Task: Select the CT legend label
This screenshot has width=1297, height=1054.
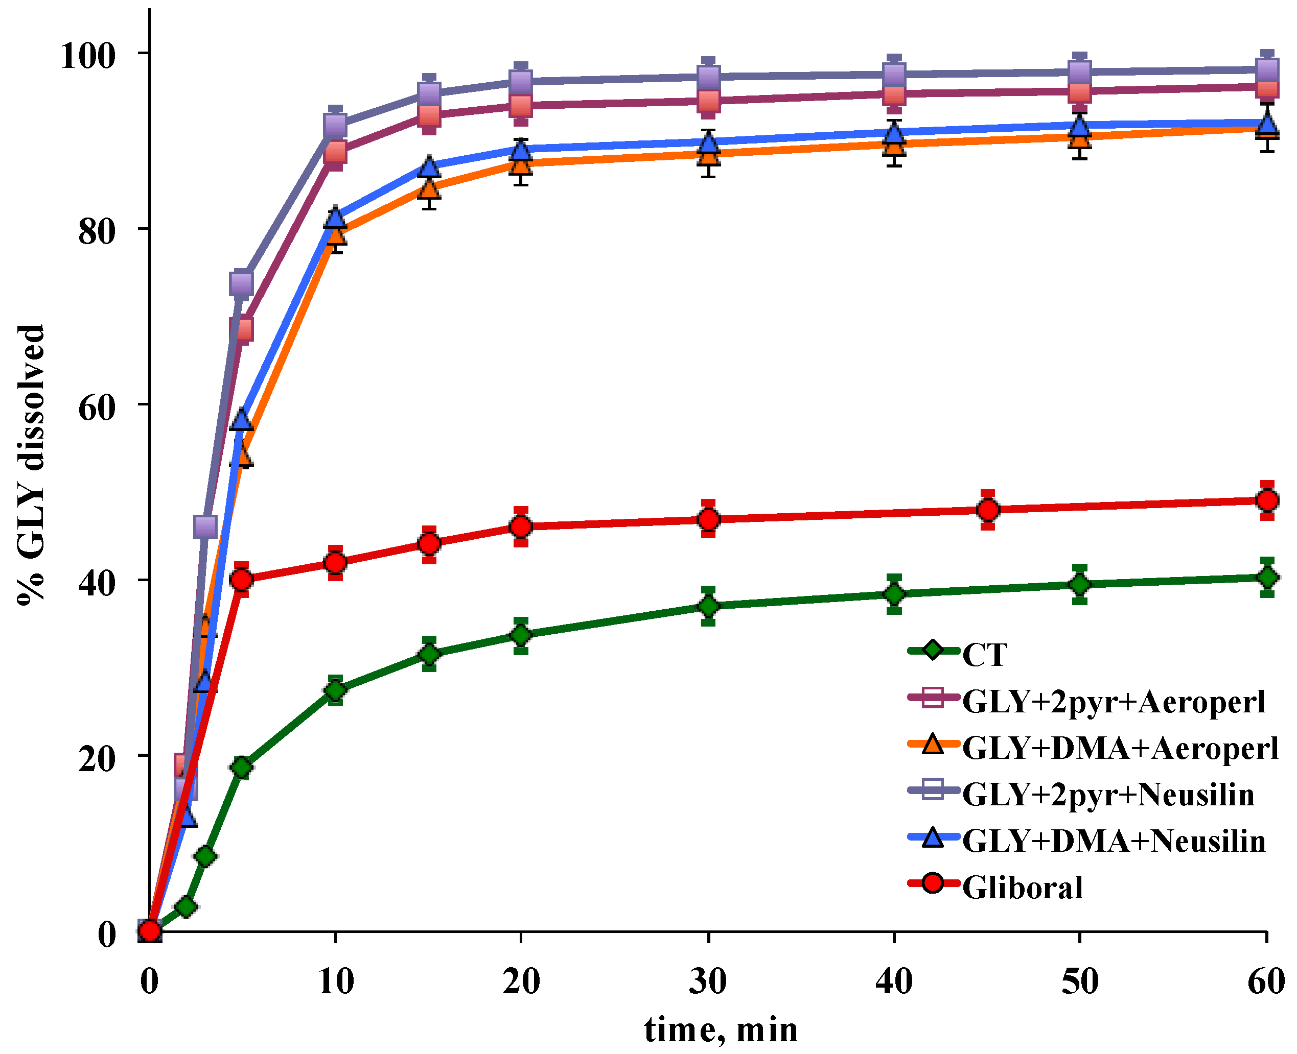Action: [985, 655]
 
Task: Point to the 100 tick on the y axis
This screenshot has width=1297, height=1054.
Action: [87, 56]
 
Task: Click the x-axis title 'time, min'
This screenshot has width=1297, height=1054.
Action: [721, 1029]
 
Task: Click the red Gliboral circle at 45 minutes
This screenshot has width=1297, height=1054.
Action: [988, 510]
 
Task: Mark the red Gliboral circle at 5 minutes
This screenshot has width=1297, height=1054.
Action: [242, 580]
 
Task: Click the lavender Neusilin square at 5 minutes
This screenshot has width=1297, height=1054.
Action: [241, 283]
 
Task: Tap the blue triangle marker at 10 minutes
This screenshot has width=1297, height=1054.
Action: [335, 218]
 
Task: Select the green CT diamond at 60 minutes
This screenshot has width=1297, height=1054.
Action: [1267, 577]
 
